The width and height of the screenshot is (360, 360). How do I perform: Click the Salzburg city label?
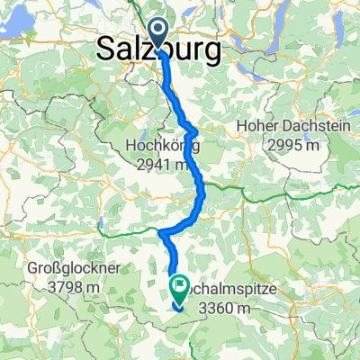[x=158, y=51]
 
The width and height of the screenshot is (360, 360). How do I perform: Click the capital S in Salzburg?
[x=104, y=51]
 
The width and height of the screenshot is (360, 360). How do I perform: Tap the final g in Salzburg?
[x=212, y=54]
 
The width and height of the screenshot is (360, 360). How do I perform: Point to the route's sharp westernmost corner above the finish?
[x=160, y=233]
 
